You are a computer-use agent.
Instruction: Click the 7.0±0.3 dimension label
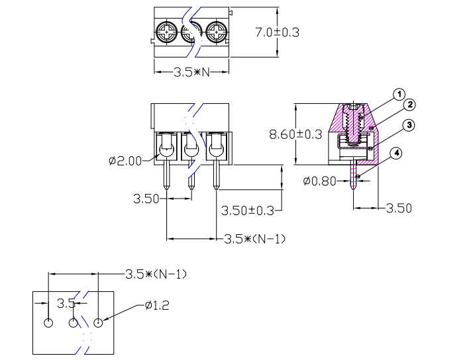pyautogui.click(x=278, y=32)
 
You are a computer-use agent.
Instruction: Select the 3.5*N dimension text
pyautogui.click(x=191, y=72)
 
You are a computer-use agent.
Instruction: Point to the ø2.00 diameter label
pyautogui.click(x=124, y=160)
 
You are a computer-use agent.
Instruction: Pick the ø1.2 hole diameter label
pyautogui.click(x=157, y=305)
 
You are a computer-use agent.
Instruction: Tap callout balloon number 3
pyautogui.click(x=409, y=125)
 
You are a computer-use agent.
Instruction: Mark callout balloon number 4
pyautogui.click(x=396, y=154)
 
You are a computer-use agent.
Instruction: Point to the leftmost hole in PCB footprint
pyautogui.click(x=48, y=323)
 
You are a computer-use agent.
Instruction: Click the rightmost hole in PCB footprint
pyautogui.click(x=99, y=323)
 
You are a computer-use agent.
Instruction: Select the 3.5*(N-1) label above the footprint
pyautogui.click(x=156, y=273)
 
